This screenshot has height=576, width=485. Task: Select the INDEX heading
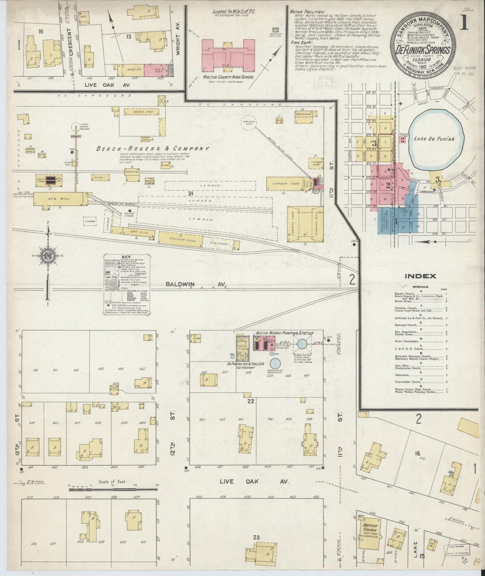tap(421, 276)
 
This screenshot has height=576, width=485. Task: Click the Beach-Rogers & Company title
tap(153, 149)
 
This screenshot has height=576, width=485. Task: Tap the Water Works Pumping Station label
tap(285, 333)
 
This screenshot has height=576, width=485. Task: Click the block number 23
tap(256, 538)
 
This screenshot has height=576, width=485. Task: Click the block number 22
tap(250, 401)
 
